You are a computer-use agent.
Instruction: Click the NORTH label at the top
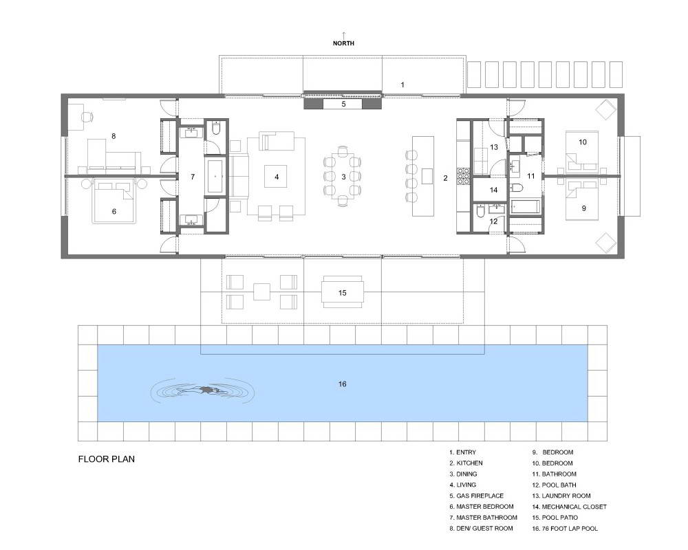(343, 43)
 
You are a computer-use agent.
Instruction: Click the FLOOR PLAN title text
(107, 459)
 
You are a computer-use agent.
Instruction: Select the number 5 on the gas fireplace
(343, 104)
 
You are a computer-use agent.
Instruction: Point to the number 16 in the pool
(342, 384)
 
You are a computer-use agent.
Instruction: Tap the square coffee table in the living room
(276, 176)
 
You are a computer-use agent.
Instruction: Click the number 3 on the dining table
(343, 177)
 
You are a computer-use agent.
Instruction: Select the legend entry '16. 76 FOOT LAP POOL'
(565, 529)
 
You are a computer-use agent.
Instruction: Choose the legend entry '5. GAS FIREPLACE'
(477, 496)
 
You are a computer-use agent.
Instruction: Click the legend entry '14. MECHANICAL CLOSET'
(569, 507)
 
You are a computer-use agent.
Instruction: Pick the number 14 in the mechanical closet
(493, 190)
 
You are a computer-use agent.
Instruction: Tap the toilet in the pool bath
(480, 212)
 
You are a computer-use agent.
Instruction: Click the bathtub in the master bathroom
(215, 176)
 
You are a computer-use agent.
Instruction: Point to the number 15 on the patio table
(342, 293)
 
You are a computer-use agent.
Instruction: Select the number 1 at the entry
(402, 85)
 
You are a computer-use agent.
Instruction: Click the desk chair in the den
(87, 117)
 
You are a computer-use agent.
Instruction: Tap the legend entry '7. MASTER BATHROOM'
(483, 518)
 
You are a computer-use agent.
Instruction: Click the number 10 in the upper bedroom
(582, 142)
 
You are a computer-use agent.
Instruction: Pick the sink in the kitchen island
(427, 176)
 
